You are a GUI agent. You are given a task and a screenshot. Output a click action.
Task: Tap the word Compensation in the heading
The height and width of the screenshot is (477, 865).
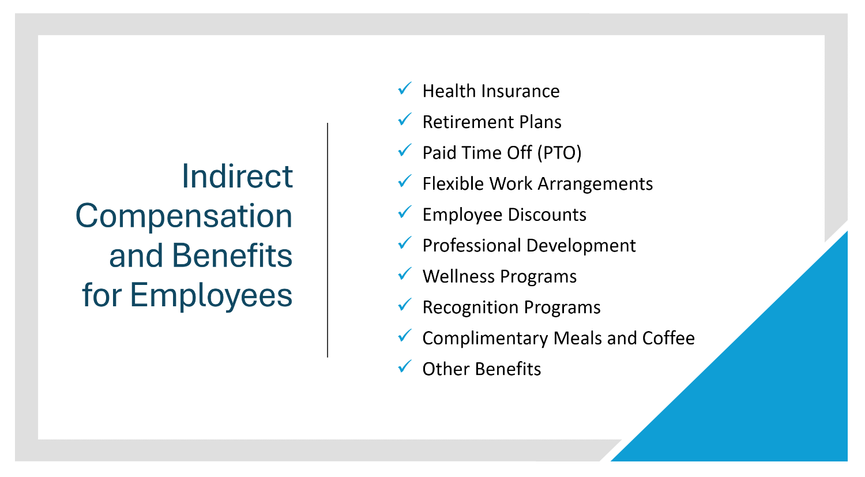(x=184, y=216)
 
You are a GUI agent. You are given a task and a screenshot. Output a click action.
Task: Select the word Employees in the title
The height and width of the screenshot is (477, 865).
(x=211, y=295)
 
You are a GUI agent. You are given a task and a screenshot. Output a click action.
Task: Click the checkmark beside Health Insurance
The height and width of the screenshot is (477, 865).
(x=405, y=89)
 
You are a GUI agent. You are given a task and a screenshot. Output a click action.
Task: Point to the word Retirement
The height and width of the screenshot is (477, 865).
(x=468, y=122)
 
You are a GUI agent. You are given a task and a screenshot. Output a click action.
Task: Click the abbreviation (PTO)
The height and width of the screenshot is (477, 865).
(x=559, y=153)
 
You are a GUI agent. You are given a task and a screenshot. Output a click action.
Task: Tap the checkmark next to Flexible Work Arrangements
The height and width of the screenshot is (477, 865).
(x=405, y=182)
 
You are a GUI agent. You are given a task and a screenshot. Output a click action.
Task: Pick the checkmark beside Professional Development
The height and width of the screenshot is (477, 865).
(x=405, y=243)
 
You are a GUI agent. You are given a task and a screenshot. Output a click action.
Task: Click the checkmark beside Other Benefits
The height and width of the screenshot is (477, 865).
(x=405, y=367)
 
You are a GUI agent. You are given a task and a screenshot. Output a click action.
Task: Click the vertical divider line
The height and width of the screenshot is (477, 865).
(x=328, y=239)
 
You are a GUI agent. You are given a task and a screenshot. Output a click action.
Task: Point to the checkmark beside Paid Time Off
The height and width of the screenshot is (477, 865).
(x=405, y=151)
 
